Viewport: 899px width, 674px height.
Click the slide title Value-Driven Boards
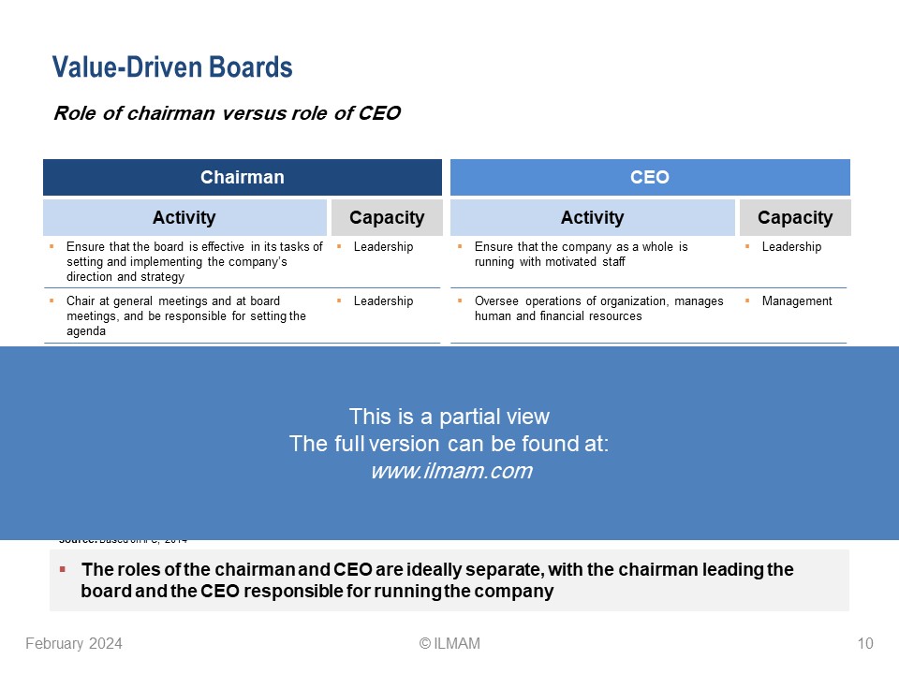[172, 67]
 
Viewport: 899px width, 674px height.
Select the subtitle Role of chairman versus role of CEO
[227, 113]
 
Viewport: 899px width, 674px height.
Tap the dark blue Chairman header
[242, 177]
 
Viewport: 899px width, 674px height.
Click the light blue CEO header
[650, 177]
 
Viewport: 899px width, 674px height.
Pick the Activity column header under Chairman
[184, 217]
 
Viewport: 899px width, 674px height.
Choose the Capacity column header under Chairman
[386, 217]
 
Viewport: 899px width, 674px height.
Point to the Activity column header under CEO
[592, 217]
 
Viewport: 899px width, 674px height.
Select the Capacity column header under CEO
[794, 217]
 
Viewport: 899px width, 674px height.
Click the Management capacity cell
[796, 300]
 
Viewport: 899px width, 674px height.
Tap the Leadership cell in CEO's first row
[791, 246]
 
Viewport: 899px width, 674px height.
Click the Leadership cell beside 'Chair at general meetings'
[383, 300]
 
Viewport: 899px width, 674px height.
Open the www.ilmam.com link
[450, 472]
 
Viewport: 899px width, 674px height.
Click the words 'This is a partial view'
[449, 417]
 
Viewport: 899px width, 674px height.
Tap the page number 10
[864, 643]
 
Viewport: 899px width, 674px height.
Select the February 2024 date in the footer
[73, 643]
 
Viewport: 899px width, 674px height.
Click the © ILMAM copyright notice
[449, 643]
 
